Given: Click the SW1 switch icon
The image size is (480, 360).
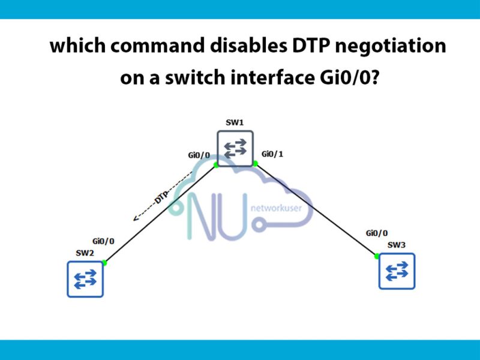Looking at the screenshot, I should tap(235, 148).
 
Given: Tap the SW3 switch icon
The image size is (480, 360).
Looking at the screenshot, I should tap(397, 271).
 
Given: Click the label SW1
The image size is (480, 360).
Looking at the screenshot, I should tap(235, 122).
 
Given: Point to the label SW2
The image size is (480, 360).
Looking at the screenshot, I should tap(85, 253).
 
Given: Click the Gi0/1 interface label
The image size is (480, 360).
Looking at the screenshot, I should tap(272, 154).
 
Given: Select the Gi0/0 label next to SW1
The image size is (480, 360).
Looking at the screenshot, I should tap(199, 155).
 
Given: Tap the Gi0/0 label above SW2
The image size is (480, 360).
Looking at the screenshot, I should tap(104, 241).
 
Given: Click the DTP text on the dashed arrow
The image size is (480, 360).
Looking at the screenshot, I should tap(161, 196).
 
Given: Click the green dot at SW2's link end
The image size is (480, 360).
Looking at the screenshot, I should tap(104, 263).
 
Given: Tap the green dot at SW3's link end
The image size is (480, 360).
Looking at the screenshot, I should tap(377, 256).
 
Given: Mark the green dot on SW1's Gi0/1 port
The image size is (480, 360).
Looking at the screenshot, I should tap(255, 163).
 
